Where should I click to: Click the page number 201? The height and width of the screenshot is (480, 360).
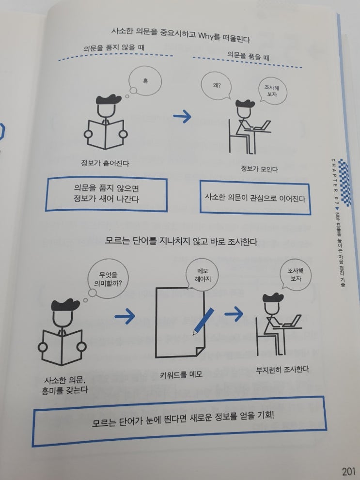point(349,471)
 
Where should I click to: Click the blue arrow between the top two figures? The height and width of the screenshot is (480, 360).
point(182,117)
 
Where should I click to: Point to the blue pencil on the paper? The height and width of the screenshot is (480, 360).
point(203,322)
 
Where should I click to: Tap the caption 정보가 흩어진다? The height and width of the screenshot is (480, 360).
point(105,163)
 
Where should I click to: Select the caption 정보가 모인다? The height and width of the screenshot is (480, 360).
point(259,169)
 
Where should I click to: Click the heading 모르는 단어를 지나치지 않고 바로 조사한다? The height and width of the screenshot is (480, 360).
point(181,241)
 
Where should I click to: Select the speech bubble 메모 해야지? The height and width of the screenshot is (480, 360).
point(203,275)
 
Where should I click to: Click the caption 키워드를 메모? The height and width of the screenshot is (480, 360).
point(181,374)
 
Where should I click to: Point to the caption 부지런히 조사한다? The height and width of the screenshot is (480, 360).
point(282,370)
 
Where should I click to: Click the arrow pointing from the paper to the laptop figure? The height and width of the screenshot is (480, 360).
point(234,313)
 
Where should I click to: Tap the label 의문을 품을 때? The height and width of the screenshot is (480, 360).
point(248,56)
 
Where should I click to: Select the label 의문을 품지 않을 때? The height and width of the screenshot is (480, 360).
point(114,48)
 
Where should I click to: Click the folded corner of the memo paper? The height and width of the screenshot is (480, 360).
point(200,352)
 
